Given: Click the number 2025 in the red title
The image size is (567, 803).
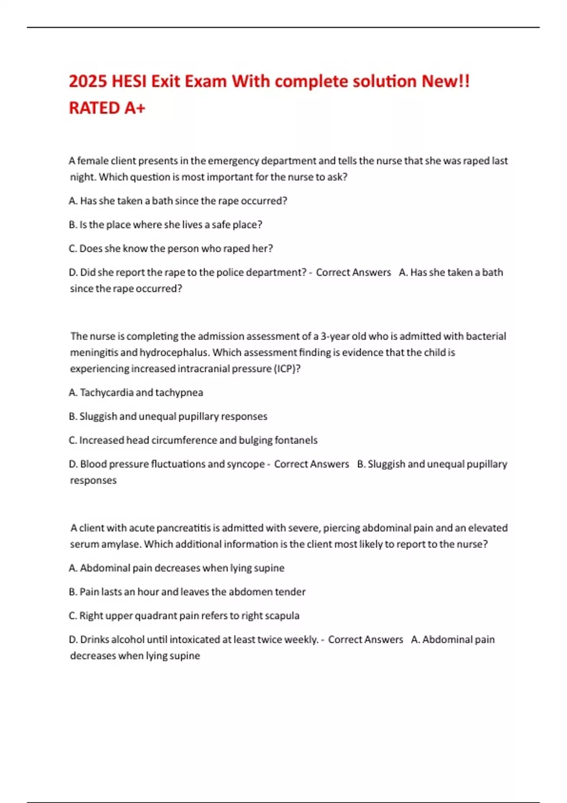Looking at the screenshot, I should [88, 81].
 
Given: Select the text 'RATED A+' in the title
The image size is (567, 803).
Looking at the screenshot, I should [107, 108].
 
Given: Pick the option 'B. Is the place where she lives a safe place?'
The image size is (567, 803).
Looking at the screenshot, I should [165, 225].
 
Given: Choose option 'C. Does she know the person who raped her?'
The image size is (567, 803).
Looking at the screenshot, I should [171, 248].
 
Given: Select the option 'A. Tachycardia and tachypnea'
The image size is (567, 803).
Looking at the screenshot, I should [136, 393].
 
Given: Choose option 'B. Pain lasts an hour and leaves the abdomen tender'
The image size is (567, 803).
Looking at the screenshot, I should [187, 592].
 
